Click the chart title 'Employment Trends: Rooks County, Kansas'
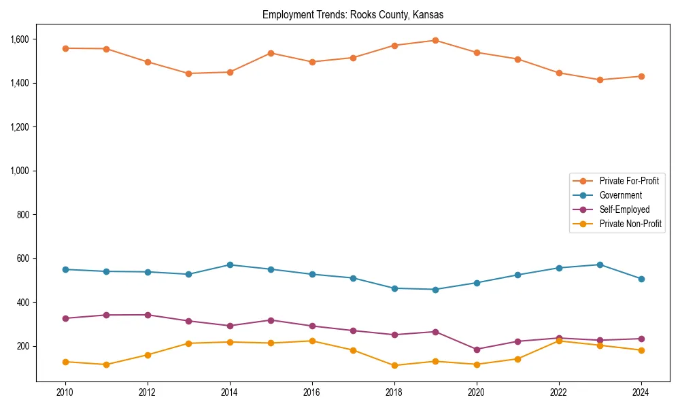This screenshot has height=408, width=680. coord(353,14)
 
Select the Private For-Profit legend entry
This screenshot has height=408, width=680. coord(628,181)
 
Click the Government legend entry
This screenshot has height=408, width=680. coord(620,195)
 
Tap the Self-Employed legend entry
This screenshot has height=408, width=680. coord(624,209)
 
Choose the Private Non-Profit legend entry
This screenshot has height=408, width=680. coord(630,224)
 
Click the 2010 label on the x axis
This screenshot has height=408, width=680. coord(65,392)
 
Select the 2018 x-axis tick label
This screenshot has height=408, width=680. coord(394,392)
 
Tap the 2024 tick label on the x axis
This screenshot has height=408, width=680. coord(641,392)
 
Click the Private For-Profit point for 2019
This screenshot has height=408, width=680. coord(435,40)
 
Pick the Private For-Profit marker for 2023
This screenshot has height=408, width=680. coord(600,80)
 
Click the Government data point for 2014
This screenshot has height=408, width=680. coord(230,265)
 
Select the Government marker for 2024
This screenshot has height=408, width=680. coord(641,279)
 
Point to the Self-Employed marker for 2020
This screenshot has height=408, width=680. coord(477,350)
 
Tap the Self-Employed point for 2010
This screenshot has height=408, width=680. coord(65,318)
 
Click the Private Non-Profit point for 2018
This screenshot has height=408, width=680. coord(394,365)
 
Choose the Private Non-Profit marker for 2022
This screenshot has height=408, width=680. coord(559,341)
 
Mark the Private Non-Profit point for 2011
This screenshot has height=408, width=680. coord(106,364)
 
